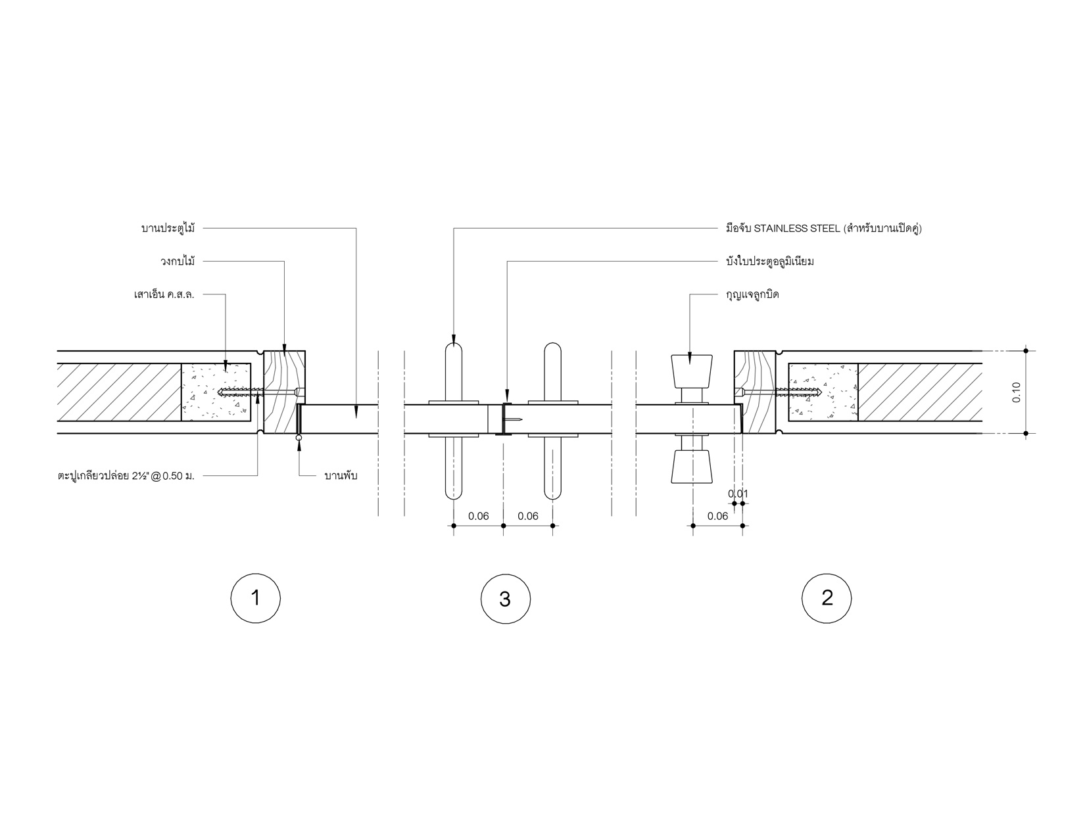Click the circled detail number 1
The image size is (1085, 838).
coord(255,598)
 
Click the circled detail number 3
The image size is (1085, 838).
coord(505,598)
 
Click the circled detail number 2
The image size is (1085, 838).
coord(827,598)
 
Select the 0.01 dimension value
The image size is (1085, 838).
coord(738,494)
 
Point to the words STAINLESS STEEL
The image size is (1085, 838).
coord(797,229)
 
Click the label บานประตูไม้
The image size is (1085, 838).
coord(168,229)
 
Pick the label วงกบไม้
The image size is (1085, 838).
coord(178,261)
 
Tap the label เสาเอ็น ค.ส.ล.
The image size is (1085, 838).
coord(164,294)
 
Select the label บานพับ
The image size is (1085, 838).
coord(341,476)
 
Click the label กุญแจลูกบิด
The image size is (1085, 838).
coord(752,294)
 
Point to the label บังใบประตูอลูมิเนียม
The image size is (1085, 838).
coord(770,262)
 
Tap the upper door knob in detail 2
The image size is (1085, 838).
coord(692,371)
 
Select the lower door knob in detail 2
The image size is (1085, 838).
coord(692,467)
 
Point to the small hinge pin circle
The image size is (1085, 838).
coord(299,438)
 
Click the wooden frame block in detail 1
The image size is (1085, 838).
coord(284,392)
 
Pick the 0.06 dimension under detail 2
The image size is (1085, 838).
coord(717,516)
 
